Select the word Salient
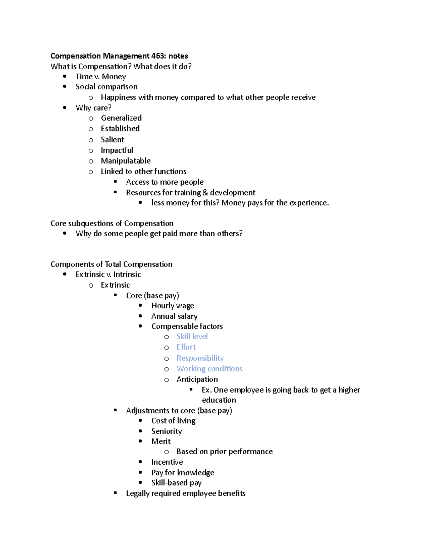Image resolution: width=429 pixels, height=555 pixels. pos(112,140)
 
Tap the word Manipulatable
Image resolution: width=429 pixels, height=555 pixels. pos(125,161)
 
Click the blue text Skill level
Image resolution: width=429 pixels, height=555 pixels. pos(192,337)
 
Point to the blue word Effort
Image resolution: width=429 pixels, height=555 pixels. pos(186,347)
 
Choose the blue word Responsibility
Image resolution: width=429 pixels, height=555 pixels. pos(200,358)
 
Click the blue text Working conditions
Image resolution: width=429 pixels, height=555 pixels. pos(209,369)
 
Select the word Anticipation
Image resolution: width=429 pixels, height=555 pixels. pos(197,380)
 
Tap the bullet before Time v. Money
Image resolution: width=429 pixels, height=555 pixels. pos(65,76)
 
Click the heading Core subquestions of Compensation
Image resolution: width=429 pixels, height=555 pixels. pos(112,223)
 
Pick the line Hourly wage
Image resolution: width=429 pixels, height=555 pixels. pos(172,306)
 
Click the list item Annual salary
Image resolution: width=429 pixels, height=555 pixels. pos(174,316)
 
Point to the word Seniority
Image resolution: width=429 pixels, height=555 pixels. pos(166,431)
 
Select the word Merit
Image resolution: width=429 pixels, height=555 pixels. pos(161,441)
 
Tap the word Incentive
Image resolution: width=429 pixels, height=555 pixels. pos(167,462)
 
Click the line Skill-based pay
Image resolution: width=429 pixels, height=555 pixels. pos(176,483)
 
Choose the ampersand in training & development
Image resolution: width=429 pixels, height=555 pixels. pos(205,193)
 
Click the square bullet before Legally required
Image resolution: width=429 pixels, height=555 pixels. pos(115,493)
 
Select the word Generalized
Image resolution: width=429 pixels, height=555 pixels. pos(121,118)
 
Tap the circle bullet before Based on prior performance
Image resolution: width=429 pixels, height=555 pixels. pos(167,452)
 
